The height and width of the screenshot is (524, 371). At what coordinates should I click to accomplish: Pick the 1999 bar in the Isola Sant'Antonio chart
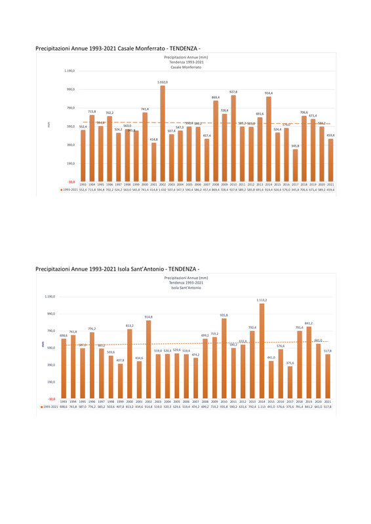(120, 380)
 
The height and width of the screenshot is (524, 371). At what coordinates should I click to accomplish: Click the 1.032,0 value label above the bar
(163, 83)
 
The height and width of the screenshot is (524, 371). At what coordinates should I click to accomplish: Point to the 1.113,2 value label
(262, 299)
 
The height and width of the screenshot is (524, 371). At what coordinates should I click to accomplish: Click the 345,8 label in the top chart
(295, 146)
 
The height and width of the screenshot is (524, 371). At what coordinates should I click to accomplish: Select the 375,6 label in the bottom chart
(290, 363)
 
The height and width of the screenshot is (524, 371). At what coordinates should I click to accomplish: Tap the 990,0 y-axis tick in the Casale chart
(69, 89)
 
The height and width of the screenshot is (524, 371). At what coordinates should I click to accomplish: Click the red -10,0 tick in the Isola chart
(51, 398)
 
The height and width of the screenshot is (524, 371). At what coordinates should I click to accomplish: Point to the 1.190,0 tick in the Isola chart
(50, 297)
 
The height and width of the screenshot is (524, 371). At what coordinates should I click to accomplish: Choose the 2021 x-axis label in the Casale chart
(330, 185)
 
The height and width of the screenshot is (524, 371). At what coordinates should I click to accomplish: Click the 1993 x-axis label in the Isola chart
(63, 402)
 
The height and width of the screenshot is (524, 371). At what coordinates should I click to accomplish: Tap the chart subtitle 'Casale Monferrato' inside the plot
(185, 67)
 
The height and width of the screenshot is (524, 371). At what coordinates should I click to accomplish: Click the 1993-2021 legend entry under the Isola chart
(49, 407)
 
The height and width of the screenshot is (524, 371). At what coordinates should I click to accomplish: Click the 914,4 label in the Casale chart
(269, 93)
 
